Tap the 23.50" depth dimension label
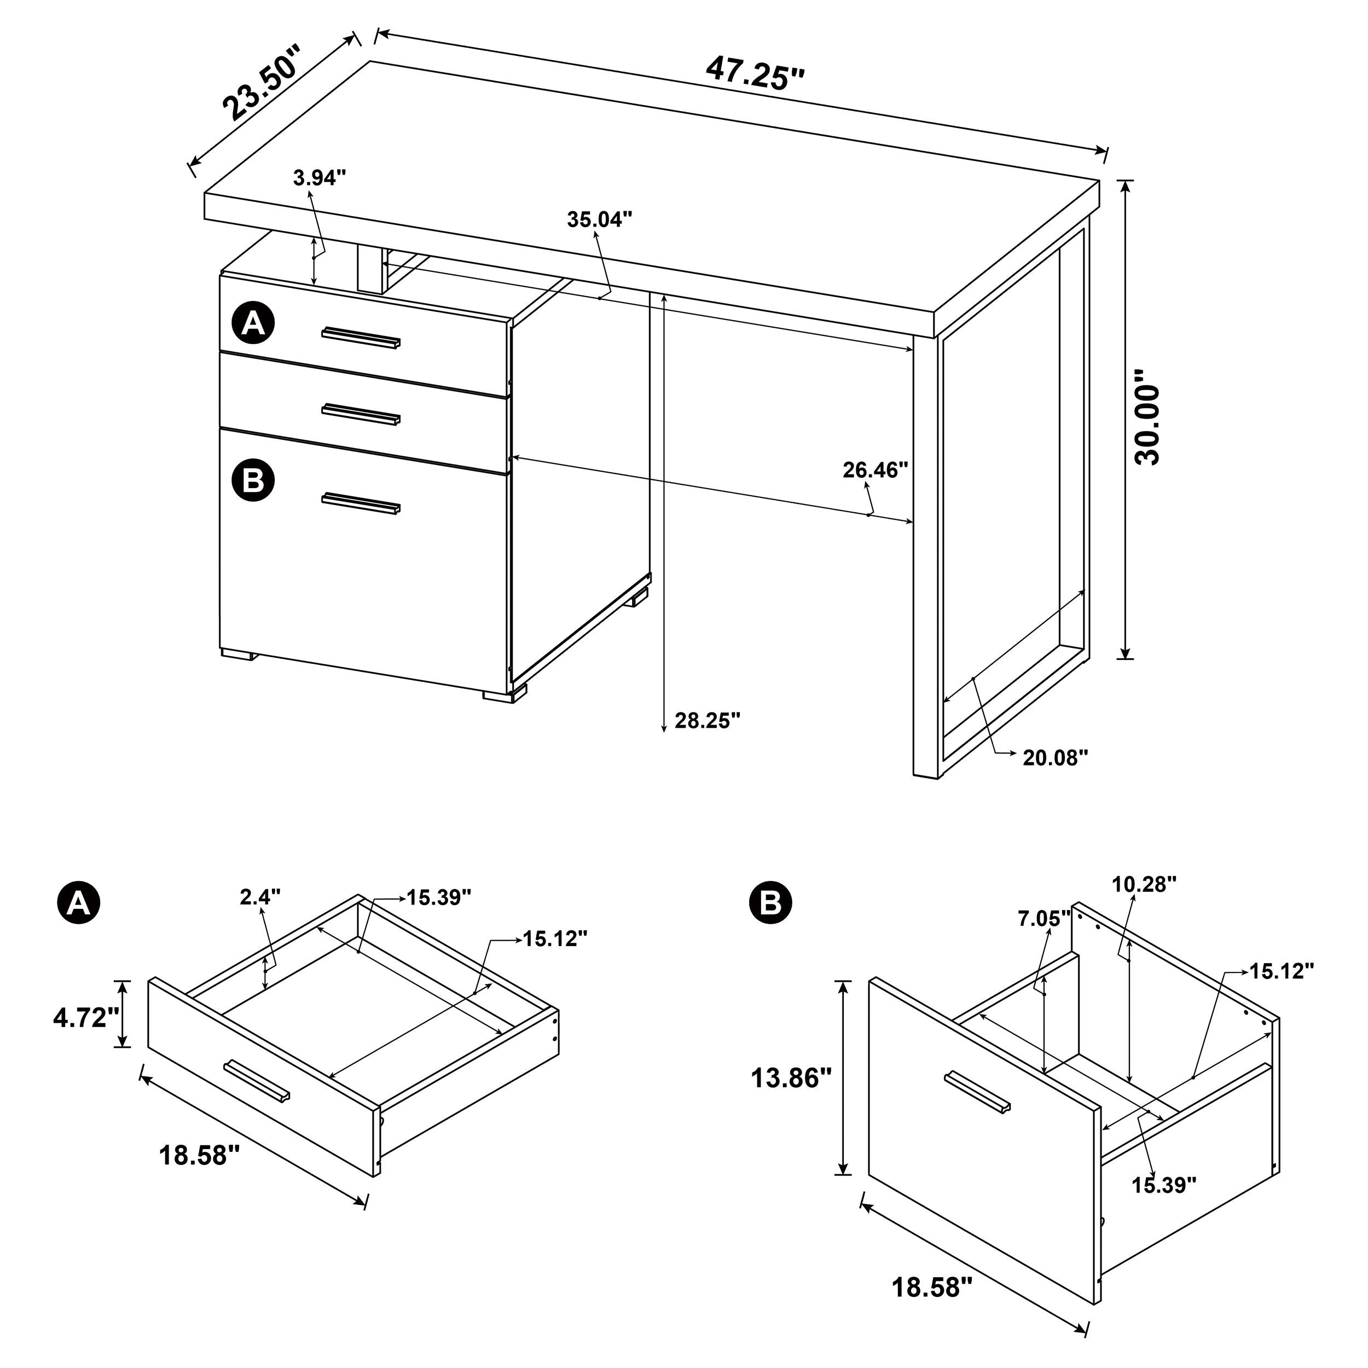click(x=262, y=84)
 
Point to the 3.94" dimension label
click(x=320, y=178)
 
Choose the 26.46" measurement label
click(x=874, y=470)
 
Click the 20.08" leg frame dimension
click(x=1054, y=758)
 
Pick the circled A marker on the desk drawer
click(x=253, y=324)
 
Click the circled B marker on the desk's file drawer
click(x=253, y=481)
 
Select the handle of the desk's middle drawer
click(x=361, y=414)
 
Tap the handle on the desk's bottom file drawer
click(x=361, y=503)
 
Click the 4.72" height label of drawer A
click(x=85, y=1018)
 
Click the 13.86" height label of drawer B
click(x=790, y=1079)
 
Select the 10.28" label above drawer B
click(x=1144, y=884)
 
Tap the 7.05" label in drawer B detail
click(x=1044, y=919)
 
